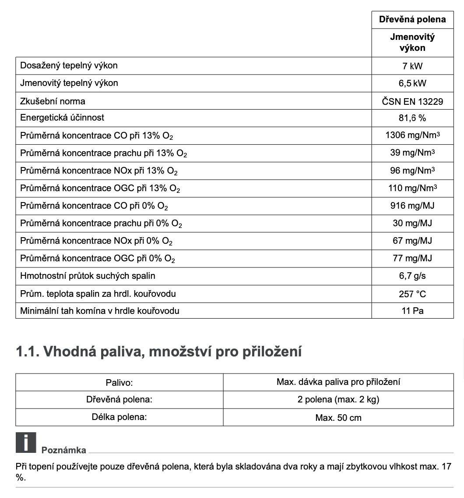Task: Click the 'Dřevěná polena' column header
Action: tap(412, 20)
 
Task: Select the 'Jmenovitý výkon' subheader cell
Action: tap(412, 43)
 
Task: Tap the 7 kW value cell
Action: tap(412, 66)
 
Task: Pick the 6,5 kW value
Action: tap(412, 83)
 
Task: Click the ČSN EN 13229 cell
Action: tap(412, 101)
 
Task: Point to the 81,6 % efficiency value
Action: tap(412, 118)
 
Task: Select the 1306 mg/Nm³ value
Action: tap(412, 135)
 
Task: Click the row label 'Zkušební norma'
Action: tap(53, 101)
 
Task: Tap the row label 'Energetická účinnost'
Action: tap(62, 118)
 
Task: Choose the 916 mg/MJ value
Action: tap(412, 206)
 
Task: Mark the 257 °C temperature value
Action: tap(412, 294)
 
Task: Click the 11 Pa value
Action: tap(412, 311)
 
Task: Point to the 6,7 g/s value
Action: tap(412, 276)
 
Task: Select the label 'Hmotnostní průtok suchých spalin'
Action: tap(88, 276)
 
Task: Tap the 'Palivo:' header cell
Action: tap(119, 382)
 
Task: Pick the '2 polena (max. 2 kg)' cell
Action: tap(338, 400)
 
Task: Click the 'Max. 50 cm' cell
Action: tap(338, 418)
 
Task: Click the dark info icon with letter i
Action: tap(25, 442)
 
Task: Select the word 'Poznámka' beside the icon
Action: tap(64, 450)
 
